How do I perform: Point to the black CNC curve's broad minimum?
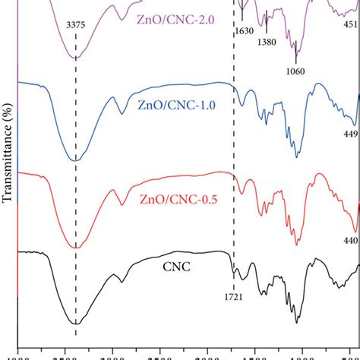[75, 323]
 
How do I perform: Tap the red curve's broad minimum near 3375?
[75, 247]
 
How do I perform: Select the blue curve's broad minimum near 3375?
[74, 160]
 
